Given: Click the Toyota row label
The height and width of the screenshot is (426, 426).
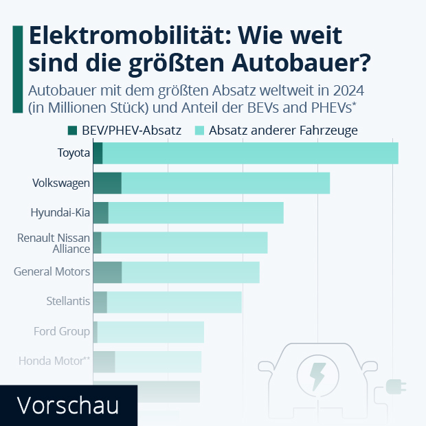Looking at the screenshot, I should pyautogui.click(x=74, y=153).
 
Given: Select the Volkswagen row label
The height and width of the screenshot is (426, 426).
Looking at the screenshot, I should pyautogui.click(x=61, y=183).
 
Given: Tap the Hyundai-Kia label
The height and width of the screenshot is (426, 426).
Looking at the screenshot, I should pyautogui.click(x=60, y=212).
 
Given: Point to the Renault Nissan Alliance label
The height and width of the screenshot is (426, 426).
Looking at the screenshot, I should pyautogui.click(x=54, y=243).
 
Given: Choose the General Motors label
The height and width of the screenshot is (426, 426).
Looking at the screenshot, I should pyautogui.click(x=52, y=271).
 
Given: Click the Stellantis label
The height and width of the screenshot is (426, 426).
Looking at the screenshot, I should pyautogui.click(x=68, y=301).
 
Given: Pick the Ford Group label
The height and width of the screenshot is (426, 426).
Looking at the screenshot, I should pyautogui.click(x=62, y=331).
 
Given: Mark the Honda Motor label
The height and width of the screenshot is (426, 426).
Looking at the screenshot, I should pyautogui.click(x=54, y=360).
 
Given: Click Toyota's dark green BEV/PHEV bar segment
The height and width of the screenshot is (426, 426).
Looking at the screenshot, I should pyautogui.click(x=98, y=153).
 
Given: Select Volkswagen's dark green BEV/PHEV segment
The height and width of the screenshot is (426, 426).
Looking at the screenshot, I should pyautogui.click(x=107, y=183).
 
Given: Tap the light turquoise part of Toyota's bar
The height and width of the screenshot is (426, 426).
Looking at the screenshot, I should pyautogui.click(x=250, y=153).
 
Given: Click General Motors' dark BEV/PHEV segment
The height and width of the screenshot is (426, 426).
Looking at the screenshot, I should pyautogui.click(x=107, y=272).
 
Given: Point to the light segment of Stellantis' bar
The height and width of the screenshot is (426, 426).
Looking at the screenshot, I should pyautogui.click(x=175, y=302).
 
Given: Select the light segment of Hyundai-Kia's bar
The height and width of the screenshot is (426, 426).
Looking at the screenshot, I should pyautogui.click(x=196, y=213).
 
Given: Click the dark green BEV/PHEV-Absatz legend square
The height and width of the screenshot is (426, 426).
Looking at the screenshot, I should pyautogui.click(x=72, y=131).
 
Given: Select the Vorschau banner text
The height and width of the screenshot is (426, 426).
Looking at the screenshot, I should pyautogui.click(x=67, y=405).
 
